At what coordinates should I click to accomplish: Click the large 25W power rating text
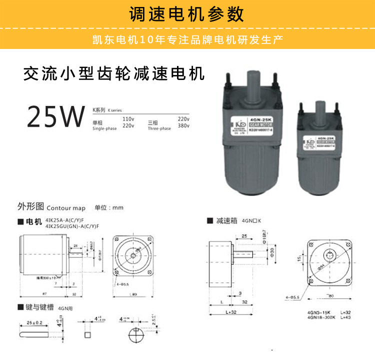tap(55, 116)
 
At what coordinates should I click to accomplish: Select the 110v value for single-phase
tap(128, 119)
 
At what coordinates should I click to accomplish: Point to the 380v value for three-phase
tap(183, 126)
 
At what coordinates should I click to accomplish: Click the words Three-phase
tap(159, 128)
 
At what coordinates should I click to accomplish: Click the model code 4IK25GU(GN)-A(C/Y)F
tap(72, 226)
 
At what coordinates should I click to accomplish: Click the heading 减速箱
tap(227, 220)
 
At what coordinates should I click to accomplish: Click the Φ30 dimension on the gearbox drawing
tap(272, 250)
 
